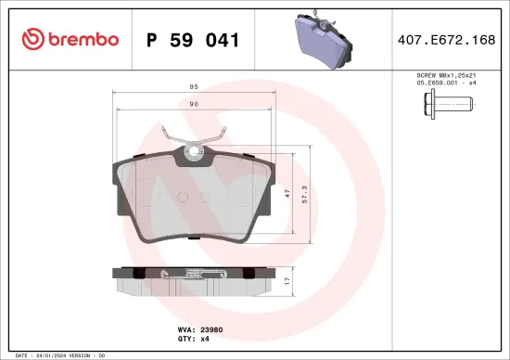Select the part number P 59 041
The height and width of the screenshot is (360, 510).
(x=194, y=40)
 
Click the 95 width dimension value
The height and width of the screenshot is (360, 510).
(x=192, y=87)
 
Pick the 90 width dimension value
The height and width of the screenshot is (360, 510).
(x=192, y=105)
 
